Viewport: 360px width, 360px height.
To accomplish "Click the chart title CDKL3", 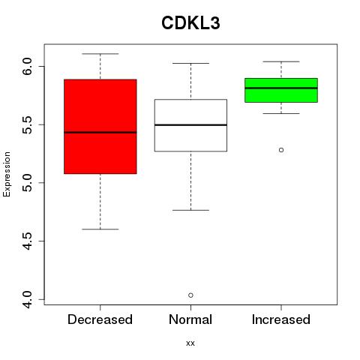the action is tap(190, 23).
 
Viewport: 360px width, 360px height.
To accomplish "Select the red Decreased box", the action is tap(100, 127).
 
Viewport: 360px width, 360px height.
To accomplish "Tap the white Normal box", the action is tap(190, 125).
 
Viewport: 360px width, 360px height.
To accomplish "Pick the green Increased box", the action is tap(281, 90).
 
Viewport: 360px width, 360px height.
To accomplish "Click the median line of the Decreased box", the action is tap(100, 133).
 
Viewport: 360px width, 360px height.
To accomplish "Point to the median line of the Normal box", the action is tap(190, 124).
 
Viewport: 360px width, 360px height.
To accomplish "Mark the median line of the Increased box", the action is tap(281, 88).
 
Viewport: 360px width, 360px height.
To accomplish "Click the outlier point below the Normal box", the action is tap(190, 295).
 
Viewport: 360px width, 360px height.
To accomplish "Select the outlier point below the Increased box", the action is tap(281, 150).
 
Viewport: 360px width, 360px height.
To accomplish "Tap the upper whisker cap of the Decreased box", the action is tap(100, 54).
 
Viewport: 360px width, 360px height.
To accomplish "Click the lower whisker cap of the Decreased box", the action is tap(100, 229).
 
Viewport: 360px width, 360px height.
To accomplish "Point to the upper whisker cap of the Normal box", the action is tap(190, 63).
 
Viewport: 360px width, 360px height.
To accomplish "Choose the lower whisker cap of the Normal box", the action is tap(190, 210).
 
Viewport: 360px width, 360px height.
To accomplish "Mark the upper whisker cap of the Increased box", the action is tap(281, 61).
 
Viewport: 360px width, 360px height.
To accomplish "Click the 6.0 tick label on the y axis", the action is tap(27, 66).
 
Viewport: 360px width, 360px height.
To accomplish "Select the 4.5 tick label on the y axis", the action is tap(27, 241).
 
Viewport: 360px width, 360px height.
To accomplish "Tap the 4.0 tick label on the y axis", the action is tap(27, 299).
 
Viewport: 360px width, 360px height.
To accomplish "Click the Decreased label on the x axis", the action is tap(100, 319).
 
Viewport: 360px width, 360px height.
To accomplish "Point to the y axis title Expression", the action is tap(7, 174).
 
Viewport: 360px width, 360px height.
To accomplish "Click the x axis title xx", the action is tap(190, 343).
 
